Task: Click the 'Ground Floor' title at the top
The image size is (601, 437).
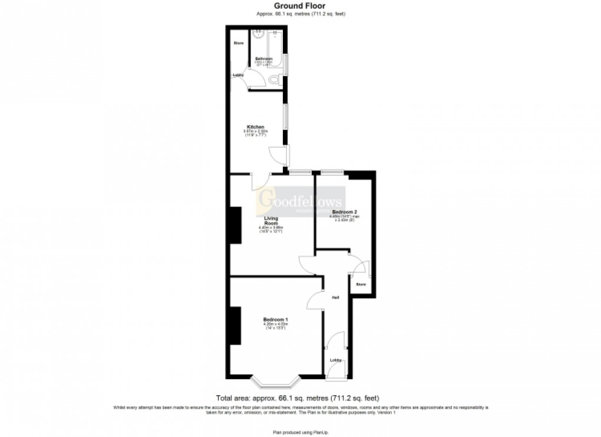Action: pos(299,6)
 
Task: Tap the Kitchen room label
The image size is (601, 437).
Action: pos(255,127)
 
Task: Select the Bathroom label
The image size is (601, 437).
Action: pos(263,58)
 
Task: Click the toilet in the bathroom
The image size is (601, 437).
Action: pos(275,80)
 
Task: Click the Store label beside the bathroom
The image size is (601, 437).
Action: pos(239,43)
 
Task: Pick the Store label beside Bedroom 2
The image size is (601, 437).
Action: pos(361,284)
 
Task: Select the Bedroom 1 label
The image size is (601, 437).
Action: pos(275,320)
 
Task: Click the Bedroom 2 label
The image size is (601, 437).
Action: pos(345,212)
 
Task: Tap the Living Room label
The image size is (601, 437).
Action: pos(271,221)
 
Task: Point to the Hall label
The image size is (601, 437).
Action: pos(335,297)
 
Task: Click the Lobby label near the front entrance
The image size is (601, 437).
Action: pos(335,360)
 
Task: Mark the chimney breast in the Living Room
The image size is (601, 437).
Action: pos(236,225)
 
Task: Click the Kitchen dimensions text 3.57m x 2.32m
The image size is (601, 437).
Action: pos(256,131)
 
